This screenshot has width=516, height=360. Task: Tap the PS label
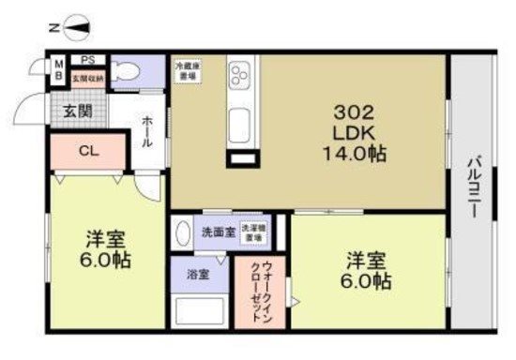tap(87, 59)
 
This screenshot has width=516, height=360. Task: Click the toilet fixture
tap(131, 71)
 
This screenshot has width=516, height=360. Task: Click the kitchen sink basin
tap(239, 122)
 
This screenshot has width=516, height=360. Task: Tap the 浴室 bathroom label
tap(196, 275)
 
